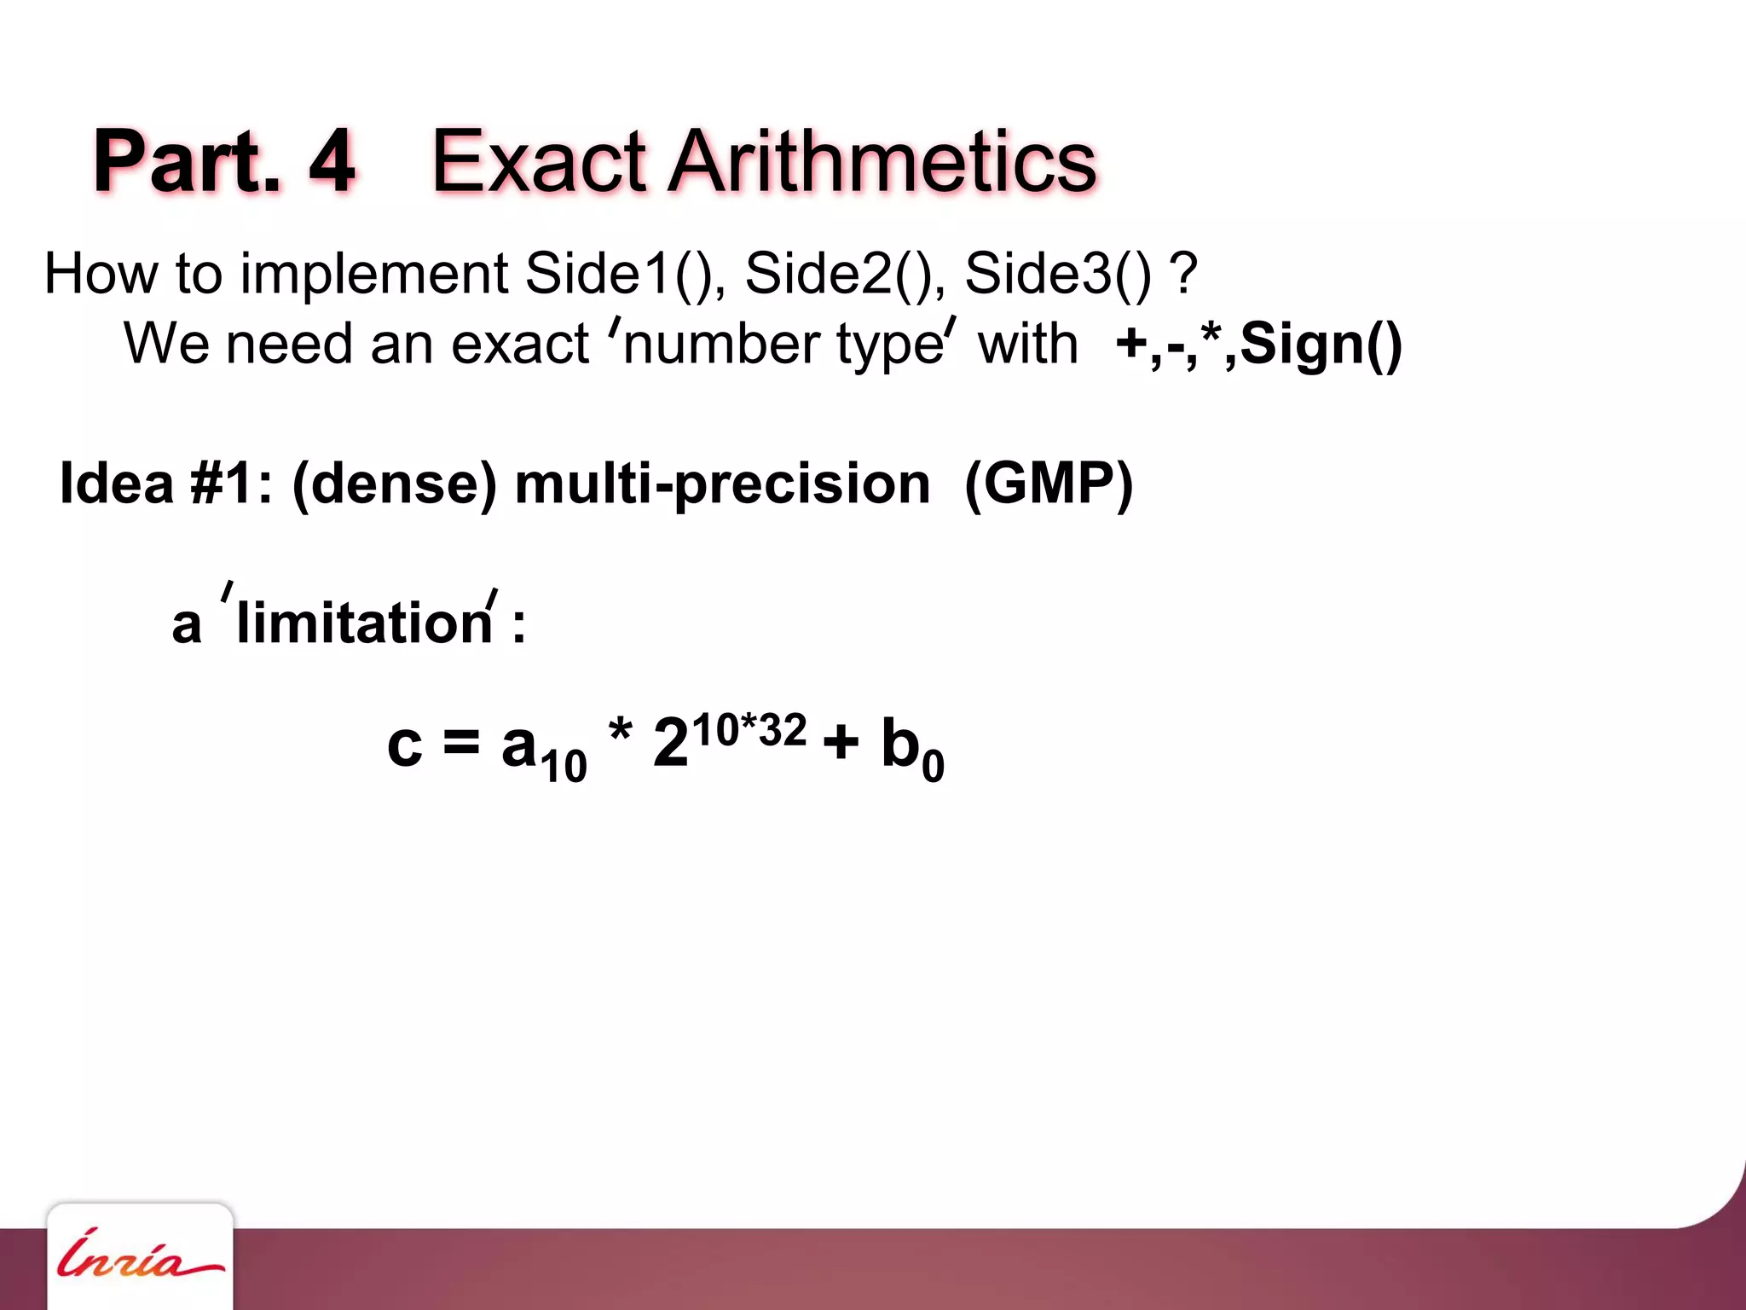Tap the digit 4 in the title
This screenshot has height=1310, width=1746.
click(x=331, y=161)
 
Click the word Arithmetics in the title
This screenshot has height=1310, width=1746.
click(x=882, y=161)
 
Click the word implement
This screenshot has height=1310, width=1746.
click(x=374, y=274)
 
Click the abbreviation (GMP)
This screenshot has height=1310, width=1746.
click(x=1048, y=484)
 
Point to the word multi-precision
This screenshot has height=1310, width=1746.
click(x=722, y=484)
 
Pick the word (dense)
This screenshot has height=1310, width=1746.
click(x=394, y=484)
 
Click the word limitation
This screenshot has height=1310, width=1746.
click(x=364, y=623)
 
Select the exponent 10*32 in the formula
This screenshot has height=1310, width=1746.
click(x=749, y=731)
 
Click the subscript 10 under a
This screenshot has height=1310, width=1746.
click(x=564, y=765)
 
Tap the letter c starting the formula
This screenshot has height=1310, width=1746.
click(x=404, y=744)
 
